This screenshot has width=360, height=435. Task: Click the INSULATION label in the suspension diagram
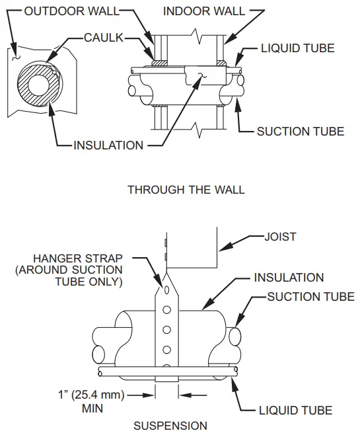coord(289,278)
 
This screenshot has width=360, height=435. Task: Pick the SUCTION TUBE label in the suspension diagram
coord(310,297)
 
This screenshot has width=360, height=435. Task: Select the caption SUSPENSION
coord(170,426)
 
